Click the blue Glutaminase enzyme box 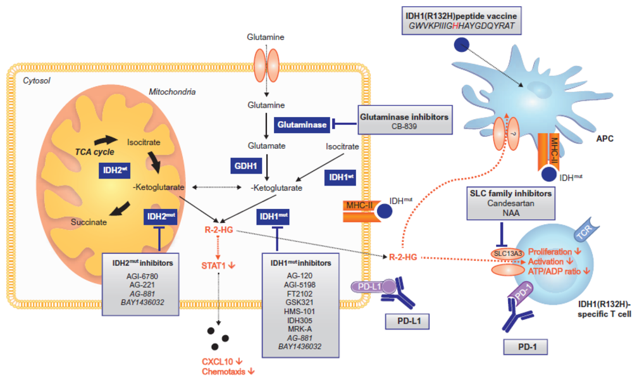click(302, 125)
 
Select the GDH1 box click(246, 166)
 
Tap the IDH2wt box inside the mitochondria click(114, 170)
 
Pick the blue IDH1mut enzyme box click(273, 217)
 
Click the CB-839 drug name click(404, 127)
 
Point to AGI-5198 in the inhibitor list click(300, 285)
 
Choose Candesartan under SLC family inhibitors click(510, 203)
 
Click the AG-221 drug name click(142, 285)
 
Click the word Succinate click(89, 222)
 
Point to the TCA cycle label click(95, 152)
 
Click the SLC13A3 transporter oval click(507, 254)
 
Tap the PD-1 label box click(527, 347)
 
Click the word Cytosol click(37, 80)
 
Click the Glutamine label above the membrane click(266, 37)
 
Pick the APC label click(605, 138)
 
